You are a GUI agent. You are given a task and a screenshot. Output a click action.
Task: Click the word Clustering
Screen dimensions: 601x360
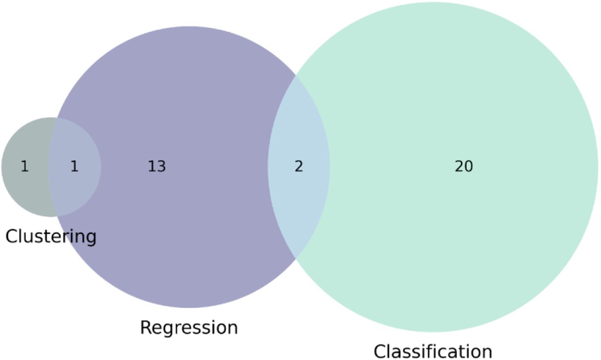pyautogui.click(x=51, y=237)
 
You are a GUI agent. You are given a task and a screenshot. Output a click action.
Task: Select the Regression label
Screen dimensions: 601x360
pyautogui.click(x=189, y=328)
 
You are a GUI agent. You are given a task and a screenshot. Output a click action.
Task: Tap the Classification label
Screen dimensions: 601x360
pyautogui.click(x=433, y=352)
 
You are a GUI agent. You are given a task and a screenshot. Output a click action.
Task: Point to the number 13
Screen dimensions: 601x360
pyautogui.click(x=157, y=166)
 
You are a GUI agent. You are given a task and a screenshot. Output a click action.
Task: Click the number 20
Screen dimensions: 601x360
pyautogui.click(x=464, y=166)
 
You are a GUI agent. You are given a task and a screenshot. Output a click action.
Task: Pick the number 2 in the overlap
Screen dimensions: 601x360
pyautogui.click(x=299, y=166)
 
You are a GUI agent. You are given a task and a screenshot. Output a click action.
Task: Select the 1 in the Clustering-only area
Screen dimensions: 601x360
pyautogui.click(x=25, y=166)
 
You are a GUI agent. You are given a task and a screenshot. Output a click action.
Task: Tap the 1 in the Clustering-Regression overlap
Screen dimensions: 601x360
pyautogui.click(x=74, y=166)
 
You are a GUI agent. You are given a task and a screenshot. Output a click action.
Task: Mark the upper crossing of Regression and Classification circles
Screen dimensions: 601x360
pyautogui.click(x=296, y=76)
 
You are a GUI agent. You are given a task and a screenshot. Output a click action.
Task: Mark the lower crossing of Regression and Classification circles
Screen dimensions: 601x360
pyautogui.click(x=296, y=259)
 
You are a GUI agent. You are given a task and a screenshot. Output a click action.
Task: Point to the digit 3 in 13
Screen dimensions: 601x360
pyautogui.click(x=162, y=166)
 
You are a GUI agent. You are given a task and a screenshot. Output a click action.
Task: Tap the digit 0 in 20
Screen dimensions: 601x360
pyautogui.click(x=469, y=166)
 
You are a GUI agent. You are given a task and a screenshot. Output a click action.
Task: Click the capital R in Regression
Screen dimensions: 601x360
pyautogui.click(x=146, y=327)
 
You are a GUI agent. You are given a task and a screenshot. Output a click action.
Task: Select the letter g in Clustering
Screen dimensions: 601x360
pyautogui.click(x=91, y=239)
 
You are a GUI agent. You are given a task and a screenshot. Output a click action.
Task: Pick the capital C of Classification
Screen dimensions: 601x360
pyautogui.click(x=380, y=352)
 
